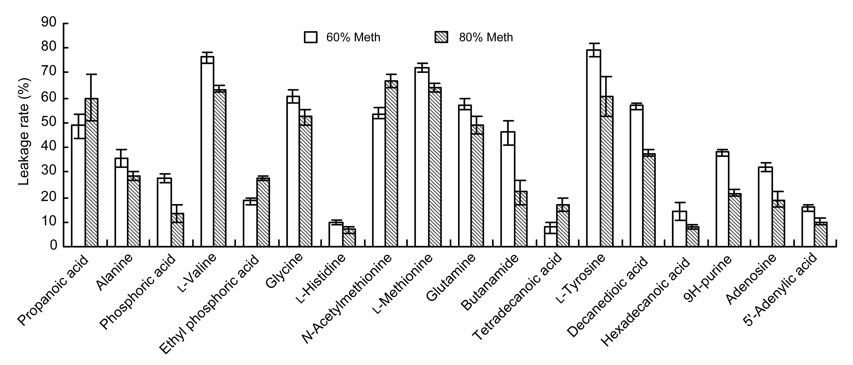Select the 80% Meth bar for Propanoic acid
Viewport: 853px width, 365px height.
pos(91,172)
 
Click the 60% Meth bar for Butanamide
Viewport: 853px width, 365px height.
pos(508,189)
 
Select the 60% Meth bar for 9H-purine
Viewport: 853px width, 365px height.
pos(722,199)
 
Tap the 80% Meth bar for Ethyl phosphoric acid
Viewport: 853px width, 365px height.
pos(263,212)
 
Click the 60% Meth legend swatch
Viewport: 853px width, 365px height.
pos(310,37)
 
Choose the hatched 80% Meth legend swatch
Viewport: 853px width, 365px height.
pos(441,37)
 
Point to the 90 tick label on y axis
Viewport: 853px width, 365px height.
pos(49,23)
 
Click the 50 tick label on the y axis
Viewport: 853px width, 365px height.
pos(49,123)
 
